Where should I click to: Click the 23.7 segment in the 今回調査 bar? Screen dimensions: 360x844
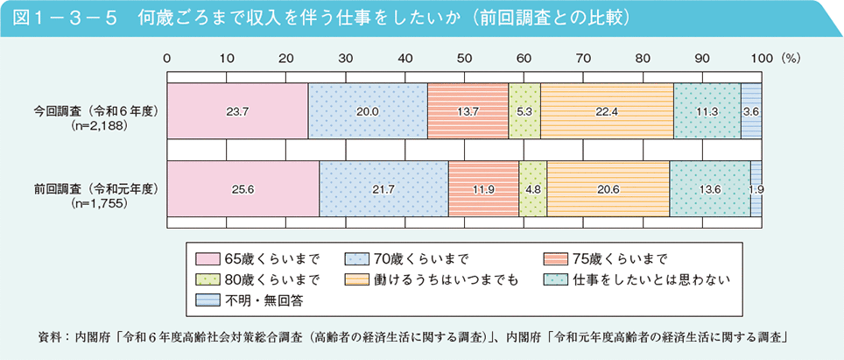pos(237,111)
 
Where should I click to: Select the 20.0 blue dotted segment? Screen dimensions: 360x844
pos(368,111)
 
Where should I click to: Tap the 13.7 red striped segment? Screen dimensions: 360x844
pos(468,111)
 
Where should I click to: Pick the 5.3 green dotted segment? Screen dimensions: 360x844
pos(524,111)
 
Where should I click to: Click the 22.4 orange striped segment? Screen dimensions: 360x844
pos(607,111)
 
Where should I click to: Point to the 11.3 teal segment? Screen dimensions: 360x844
pos(707,111)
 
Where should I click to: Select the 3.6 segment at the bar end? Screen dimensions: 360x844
pos(750,111)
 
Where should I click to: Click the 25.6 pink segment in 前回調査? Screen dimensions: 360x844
pos(243,188)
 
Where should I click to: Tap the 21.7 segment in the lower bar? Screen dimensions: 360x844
pos(383,188)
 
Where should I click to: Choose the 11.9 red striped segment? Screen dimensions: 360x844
pos(483,188)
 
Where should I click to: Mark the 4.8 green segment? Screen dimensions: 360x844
pos(532,188)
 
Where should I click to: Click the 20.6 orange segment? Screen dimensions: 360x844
pos(608,188)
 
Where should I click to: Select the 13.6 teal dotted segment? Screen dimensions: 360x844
pos(709,188)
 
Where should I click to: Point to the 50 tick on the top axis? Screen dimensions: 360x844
pos(464,57)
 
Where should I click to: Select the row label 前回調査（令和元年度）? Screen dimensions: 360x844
pos(95,187)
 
